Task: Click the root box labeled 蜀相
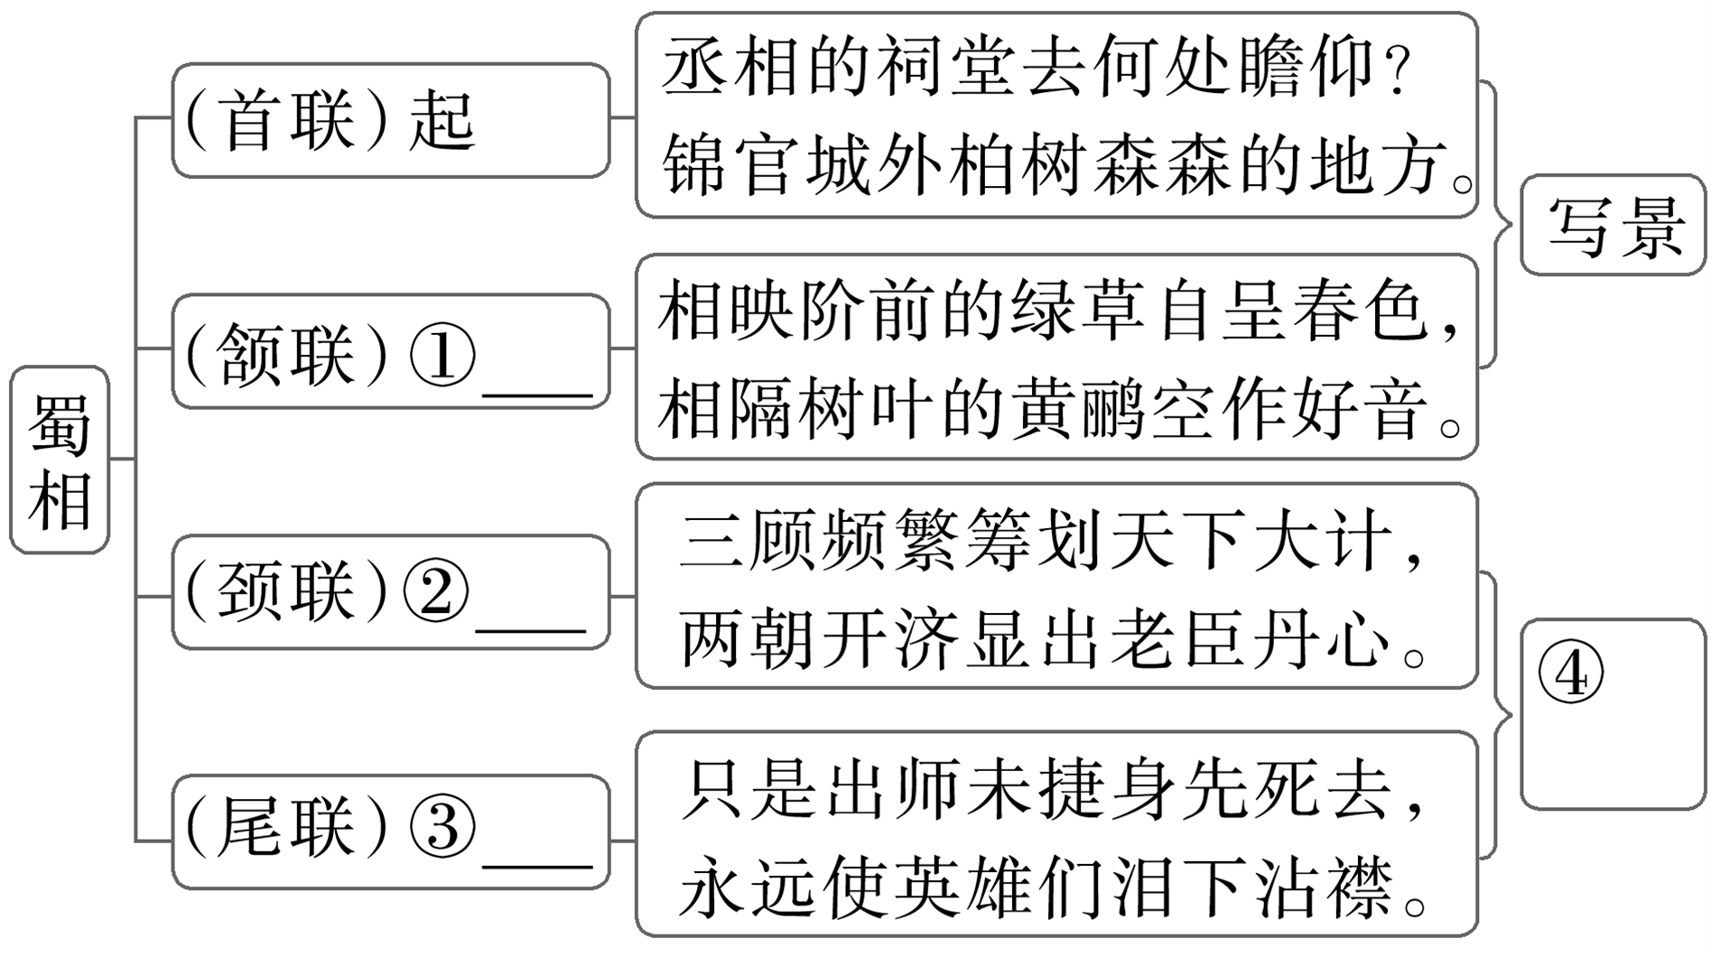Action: pos(60,460)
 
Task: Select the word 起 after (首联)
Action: pos(442,121)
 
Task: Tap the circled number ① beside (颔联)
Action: pos(442,354)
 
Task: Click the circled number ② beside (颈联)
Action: pos(437,592)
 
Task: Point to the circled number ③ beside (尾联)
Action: pos(442,827)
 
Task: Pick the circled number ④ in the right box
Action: pos(1571,675)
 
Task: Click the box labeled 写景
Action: pos(1614,226)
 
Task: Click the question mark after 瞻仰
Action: pos(1398,72)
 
